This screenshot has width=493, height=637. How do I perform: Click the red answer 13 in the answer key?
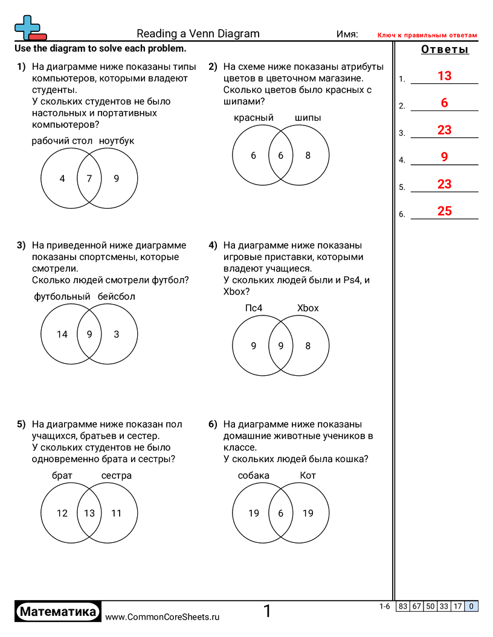[x=444, y=76]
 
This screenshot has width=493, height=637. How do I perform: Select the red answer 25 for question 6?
[x=444, y=211]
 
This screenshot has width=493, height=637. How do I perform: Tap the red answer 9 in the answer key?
[x=444, y=157]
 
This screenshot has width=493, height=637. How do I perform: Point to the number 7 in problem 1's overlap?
[x=89, y=179]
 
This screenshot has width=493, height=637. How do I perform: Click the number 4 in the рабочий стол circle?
[x=62, y=179]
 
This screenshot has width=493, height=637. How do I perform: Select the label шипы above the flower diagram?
[x=308, y=118]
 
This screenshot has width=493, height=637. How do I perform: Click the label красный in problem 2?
[x=254, y=118]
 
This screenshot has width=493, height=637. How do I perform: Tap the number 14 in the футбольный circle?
[x=62, y=334]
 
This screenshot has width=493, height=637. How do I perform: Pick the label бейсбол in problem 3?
[x=117, y=297]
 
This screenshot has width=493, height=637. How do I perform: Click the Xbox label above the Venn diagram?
[x=308, y=308]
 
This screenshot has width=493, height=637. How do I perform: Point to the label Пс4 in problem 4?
[x=254, y=308]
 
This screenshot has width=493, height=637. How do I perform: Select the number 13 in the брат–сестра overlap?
[x=89, y=513]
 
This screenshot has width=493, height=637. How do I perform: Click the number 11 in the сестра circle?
[x=117, y=513]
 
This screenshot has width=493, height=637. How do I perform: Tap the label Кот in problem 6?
[x=308, y=476]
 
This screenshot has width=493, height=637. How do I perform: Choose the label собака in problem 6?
[x=254, y=476]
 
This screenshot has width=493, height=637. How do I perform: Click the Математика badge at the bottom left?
[x=58, y=612]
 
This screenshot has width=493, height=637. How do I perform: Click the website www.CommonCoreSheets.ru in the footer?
[x=162, y=616]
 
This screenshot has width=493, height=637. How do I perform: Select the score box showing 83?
[x=403, y=607]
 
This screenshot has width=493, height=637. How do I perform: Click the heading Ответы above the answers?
[x=445, y=50]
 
